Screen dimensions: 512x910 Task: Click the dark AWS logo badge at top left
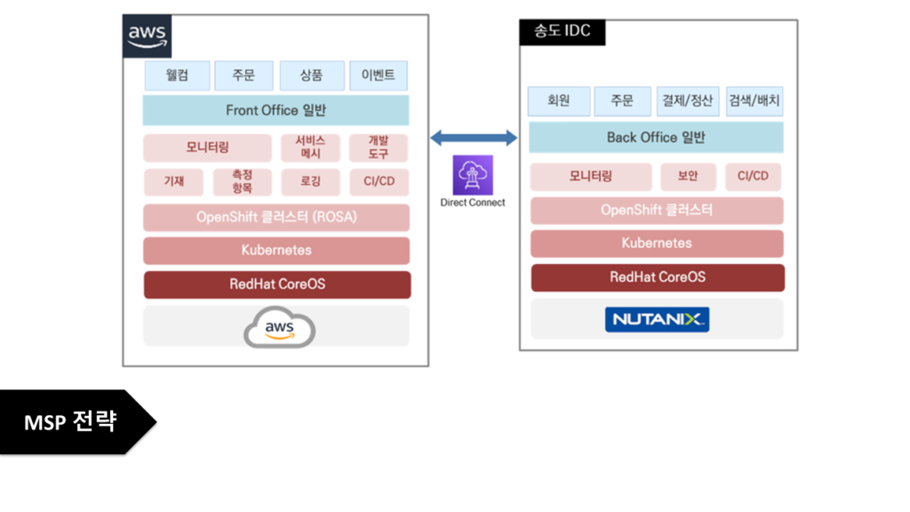[x=147, y=36]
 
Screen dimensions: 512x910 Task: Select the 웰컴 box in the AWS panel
[x=178, y=76]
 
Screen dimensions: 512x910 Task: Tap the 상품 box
[x=311, y=76]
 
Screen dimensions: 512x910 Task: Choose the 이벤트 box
[x=379, y=76]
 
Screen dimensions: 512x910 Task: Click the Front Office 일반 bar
[x=275, y=110]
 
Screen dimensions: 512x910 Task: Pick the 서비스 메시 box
[x=310, y=148]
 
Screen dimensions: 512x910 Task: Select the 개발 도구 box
[x=379, y=148]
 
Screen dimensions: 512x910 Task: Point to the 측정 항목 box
[x=243, y=182]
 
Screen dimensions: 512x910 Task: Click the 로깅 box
[x=310, y=182]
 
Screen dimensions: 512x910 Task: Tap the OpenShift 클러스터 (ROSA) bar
[x=276, y=217]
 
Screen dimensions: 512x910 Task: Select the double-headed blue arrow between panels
[x=474, y=138]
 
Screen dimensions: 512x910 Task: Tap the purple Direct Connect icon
[x=473, y=174]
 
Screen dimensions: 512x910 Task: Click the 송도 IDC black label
[x=563, y=33]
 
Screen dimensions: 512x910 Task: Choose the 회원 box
[x=558, y=101]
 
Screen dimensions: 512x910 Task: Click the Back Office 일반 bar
[x=656, y=138]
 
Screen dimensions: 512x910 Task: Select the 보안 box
[x=688, y=176]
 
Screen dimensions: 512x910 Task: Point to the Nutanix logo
[x=657, y=319]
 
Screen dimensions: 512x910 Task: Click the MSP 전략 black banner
[x=71, y=422]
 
